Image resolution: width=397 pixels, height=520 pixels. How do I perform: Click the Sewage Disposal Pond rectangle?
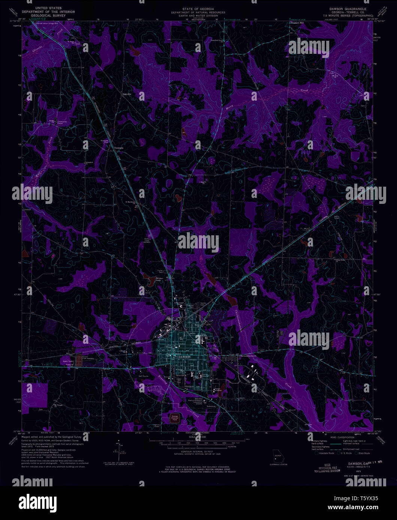point(175,419)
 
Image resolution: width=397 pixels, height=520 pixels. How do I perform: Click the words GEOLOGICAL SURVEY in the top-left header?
point(48,16)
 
